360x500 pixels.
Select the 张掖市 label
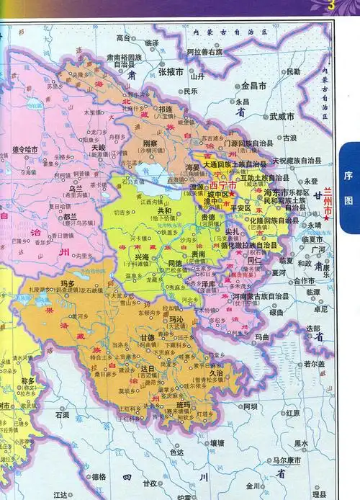click(x=172, y=72)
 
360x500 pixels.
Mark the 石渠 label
click(x=62, y=415)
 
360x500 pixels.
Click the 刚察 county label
click(x=150, y=143)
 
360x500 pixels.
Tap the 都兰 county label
click(x=70, y=216)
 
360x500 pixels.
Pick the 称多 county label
click(x=28, y=380)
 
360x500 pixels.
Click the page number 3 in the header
click(x=330, y=6)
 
